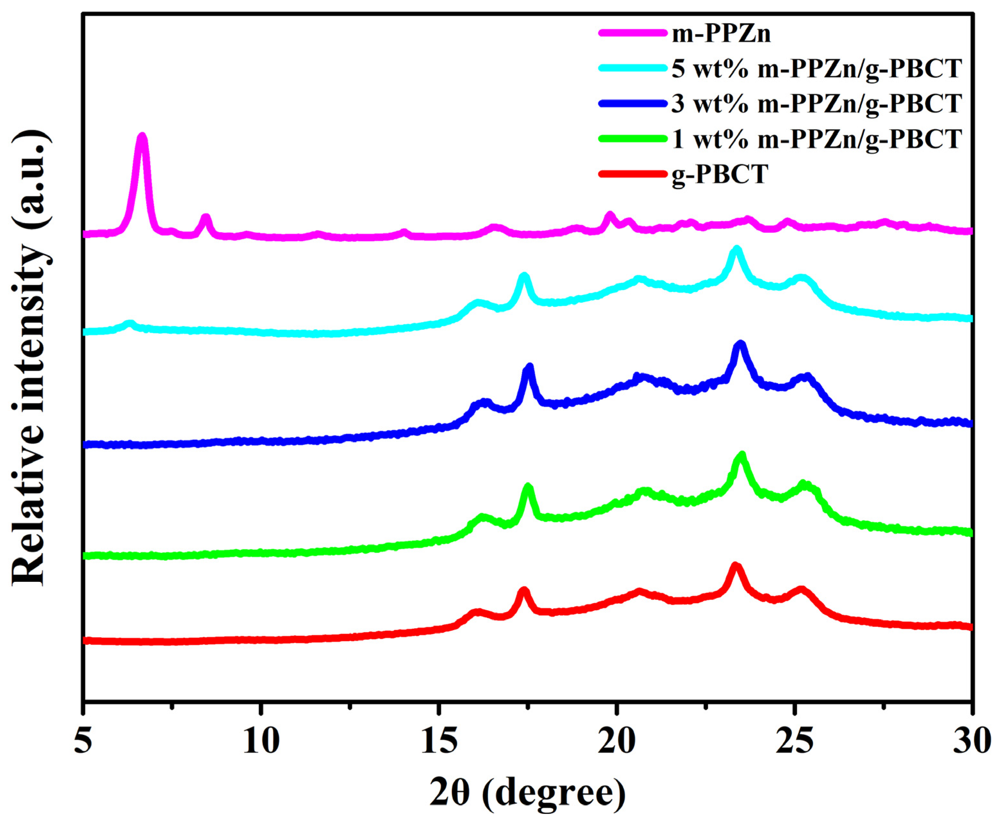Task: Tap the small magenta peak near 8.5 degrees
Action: click(205, 218)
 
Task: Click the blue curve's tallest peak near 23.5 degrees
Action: click(740, 345)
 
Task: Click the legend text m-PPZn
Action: click(721, 34)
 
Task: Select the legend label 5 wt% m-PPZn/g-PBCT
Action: click(816, 69)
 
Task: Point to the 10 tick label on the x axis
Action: click(261, 742)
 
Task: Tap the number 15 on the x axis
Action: click(439, 742)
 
